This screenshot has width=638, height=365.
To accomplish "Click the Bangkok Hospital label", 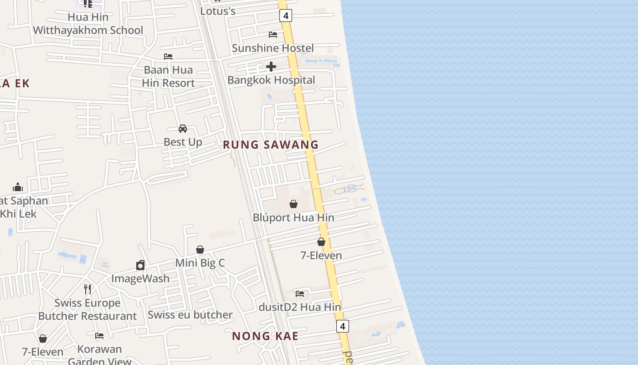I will pyautogui.click(x=271, y=80).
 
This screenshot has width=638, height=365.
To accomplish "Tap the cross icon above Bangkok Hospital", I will pyautogui.click(x=271, y=67).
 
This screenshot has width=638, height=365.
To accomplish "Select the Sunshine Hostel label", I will pyautogui.click(x=273, y=48).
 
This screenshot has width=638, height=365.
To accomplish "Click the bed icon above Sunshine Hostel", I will pyautogui.click(x=273, y=35).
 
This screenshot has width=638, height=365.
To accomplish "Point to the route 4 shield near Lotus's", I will pyautogui.click(x=286, y=16).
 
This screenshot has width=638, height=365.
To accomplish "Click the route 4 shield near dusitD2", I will pyautogui.click(x=343, y=326).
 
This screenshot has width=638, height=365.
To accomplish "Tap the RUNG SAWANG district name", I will pyautogui.click(x=271, y=145).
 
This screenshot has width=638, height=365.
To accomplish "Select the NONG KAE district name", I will pyautogui.click(x=265, y=336).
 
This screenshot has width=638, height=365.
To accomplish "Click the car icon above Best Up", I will pyautogui.click(x=183, y=129).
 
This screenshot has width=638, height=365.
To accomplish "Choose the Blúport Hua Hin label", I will pyautogui.click(x=293, y=218).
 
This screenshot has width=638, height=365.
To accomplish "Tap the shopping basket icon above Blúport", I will pyautogui.click(x=293, y=204).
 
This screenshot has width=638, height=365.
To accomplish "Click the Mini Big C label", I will pyautogui.click(x=200, y=263).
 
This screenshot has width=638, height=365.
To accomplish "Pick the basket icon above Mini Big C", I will pyautogui.click(x=200, y=250).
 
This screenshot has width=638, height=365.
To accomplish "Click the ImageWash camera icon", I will pyautogui.click(x=140, y=265).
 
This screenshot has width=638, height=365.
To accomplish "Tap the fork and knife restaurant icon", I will pyautogui.click(x=87, y=289).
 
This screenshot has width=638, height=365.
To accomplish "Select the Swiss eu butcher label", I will pyautogui.click(x=190, y=315).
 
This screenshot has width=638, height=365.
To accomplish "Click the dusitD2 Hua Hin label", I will pyautogui.click(x=300, y=307).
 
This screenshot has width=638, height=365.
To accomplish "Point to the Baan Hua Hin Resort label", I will pyautogui.click(x=168, y=76).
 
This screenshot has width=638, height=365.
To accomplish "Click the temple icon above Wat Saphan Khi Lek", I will pyautogui.click(x=18, y=187).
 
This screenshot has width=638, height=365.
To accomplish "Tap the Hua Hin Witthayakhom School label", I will pyautogui.click(x=88, y=24).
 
